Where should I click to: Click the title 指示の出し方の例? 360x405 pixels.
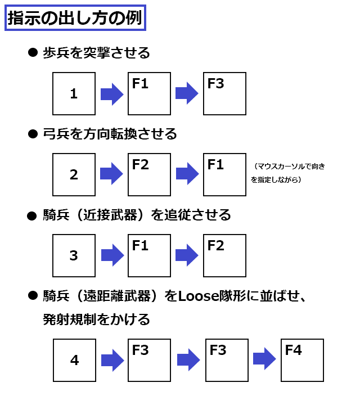pos(75,18)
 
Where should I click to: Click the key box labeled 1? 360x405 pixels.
pos(74,93)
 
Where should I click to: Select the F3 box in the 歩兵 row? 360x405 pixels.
pos(224,93)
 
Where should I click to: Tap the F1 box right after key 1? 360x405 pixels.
pos(149,93)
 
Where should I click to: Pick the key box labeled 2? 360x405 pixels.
pos(74,174)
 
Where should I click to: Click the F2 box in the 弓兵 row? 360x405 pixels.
pos(149,174)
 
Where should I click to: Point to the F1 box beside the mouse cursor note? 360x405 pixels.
pos(224,174)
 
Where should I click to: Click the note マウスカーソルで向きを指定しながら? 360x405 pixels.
pos(287,173)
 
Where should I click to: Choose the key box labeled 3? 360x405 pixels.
pos(74,256)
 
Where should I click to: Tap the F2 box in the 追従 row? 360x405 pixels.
pos(224,256)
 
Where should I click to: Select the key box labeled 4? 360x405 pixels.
pos(74,361)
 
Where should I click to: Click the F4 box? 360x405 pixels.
pos(303,361)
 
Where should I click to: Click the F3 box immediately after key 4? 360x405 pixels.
pos(149,361)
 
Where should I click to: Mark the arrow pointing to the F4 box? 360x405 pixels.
pos(264,359)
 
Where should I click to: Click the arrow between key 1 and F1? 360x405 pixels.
pos(112,94)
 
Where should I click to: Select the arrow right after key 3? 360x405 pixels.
pos(112,255)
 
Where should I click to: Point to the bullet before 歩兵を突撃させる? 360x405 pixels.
pos(33,52)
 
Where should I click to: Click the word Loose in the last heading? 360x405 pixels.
pos(199,296)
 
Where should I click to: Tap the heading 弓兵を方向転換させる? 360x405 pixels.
pos(110,134)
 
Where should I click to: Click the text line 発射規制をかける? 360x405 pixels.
pos(96,319)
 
